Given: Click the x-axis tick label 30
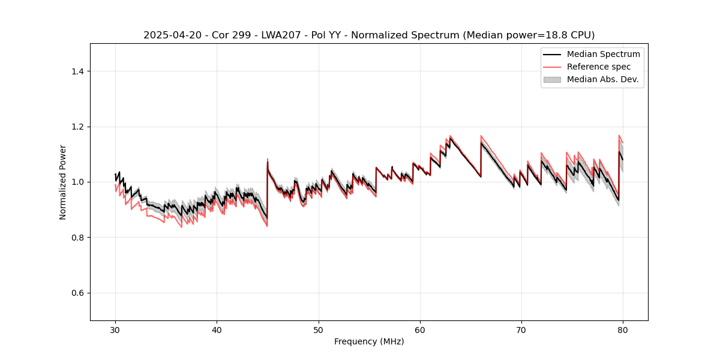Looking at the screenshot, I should tap(115, 329).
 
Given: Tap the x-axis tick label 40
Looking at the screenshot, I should tap(217, 329).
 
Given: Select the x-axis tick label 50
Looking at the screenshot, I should tap(318, 329).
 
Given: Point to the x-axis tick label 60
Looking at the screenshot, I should tap(420, 329).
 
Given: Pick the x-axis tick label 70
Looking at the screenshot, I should tap(521, 329).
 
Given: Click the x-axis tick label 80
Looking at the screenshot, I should tap(623, 329).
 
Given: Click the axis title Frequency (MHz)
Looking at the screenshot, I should tap(369, 341).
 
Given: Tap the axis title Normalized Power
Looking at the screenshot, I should tap(63, 182).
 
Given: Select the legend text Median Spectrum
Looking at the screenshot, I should tap(603, 54).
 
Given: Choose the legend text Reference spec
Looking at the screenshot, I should tap(599, 67).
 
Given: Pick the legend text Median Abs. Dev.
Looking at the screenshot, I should tap(602, 79).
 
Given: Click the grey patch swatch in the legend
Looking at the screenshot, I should tap(551, 79).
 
